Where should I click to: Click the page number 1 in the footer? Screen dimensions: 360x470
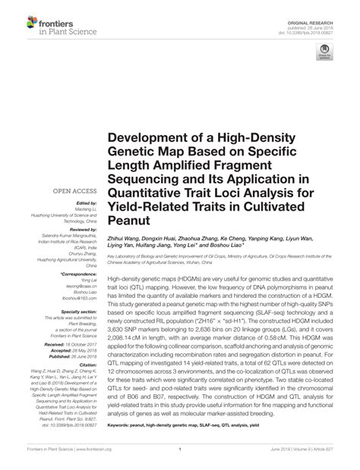[x=180, y=458]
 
